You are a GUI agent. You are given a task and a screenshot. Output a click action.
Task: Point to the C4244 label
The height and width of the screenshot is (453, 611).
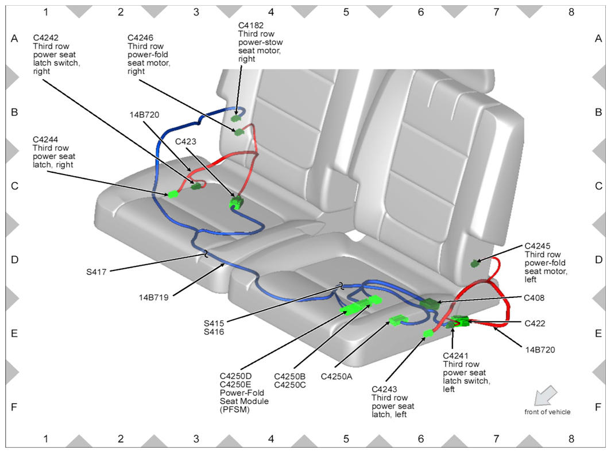[46, 139]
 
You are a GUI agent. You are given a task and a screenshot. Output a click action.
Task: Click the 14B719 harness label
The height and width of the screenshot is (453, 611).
[154, 297]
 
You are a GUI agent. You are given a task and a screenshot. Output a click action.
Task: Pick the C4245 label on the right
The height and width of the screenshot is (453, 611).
[538, 246]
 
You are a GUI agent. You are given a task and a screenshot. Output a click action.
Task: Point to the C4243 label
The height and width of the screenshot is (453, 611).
[385, 389]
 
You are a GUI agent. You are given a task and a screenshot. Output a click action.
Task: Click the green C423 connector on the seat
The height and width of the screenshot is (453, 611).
[236, 202]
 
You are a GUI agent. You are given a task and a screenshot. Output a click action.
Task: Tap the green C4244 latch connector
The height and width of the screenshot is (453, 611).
[173, 194]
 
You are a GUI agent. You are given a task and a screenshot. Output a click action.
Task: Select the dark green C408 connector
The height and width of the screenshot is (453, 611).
[429, 304]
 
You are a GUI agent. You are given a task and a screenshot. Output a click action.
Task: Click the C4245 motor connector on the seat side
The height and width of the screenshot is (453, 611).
[475, 264]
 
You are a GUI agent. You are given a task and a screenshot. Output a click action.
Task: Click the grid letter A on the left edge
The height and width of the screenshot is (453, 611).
[15, 38]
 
